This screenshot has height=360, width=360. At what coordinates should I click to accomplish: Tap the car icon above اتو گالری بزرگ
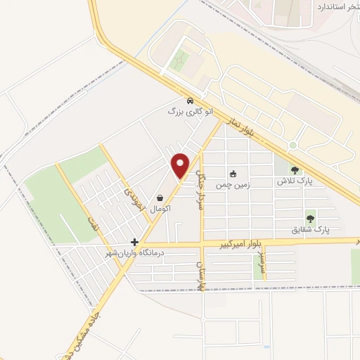coord(191,100)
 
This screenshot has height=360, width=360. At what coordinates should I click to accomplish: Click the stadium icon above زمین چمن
coord(233,173)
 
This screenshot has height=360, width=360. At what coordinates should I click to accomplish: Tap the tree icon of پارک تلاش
coord(295,169)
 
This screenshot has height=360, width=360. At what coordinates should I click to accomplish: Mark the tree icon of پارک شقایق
coord(310,218)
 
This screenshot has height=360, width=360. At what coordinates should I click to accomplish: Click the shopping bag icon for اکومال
coord(162,198)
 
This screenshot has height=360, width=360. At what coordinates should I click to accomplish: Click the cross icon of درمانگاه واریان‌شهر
coord(134,242)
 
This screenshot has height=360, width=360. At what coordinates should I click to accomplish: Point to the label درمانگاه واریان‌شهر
coord(134,252)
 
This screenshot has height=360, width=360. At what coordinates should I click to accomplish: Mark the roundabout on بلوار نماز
coord(292,146)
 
